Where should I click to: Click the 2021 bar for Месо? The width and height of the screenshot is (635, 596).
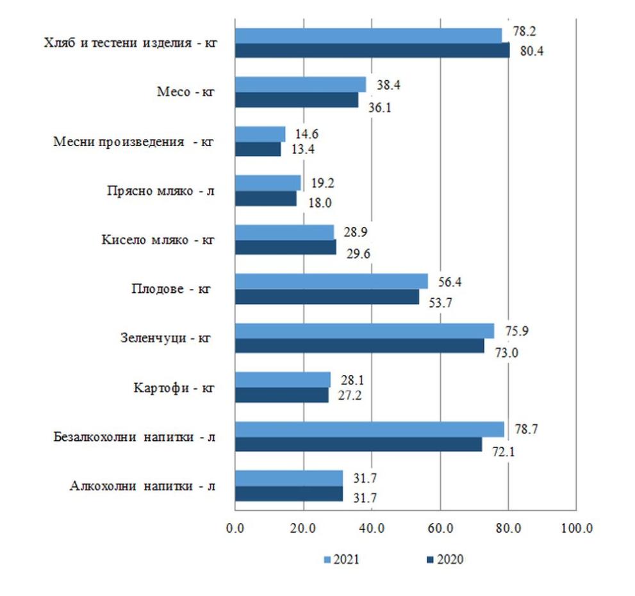301,85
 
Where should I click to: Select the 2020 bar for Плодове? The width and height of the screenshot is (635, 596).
327,297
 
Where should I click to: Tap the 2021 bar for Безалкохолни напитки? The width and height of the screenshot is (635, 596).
370,429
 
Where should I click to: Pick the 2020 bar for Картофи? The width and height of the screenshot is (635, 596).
282,395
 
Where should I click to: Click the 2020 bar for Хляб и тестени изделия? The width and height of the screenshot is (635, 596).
372,51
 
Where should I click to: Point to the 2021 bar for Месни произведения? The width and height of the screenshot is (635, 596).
260,134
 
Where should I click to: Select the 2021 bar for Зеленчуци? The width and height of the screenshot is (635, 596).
365,331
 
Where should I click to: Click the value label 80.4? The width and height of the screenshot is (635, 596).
532,51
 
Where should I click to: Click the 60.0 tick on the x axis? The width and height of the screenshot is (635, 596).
440,529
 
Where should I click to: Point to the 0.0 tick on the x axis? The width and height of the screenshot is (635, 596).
236,529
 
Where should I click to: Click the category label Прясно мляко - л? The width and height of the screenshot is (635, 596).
160,192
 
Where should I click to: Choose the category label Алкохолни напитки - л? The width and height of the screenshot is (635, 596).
142,486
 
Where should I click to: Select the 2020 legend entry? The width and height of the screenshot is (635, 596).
443,559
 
